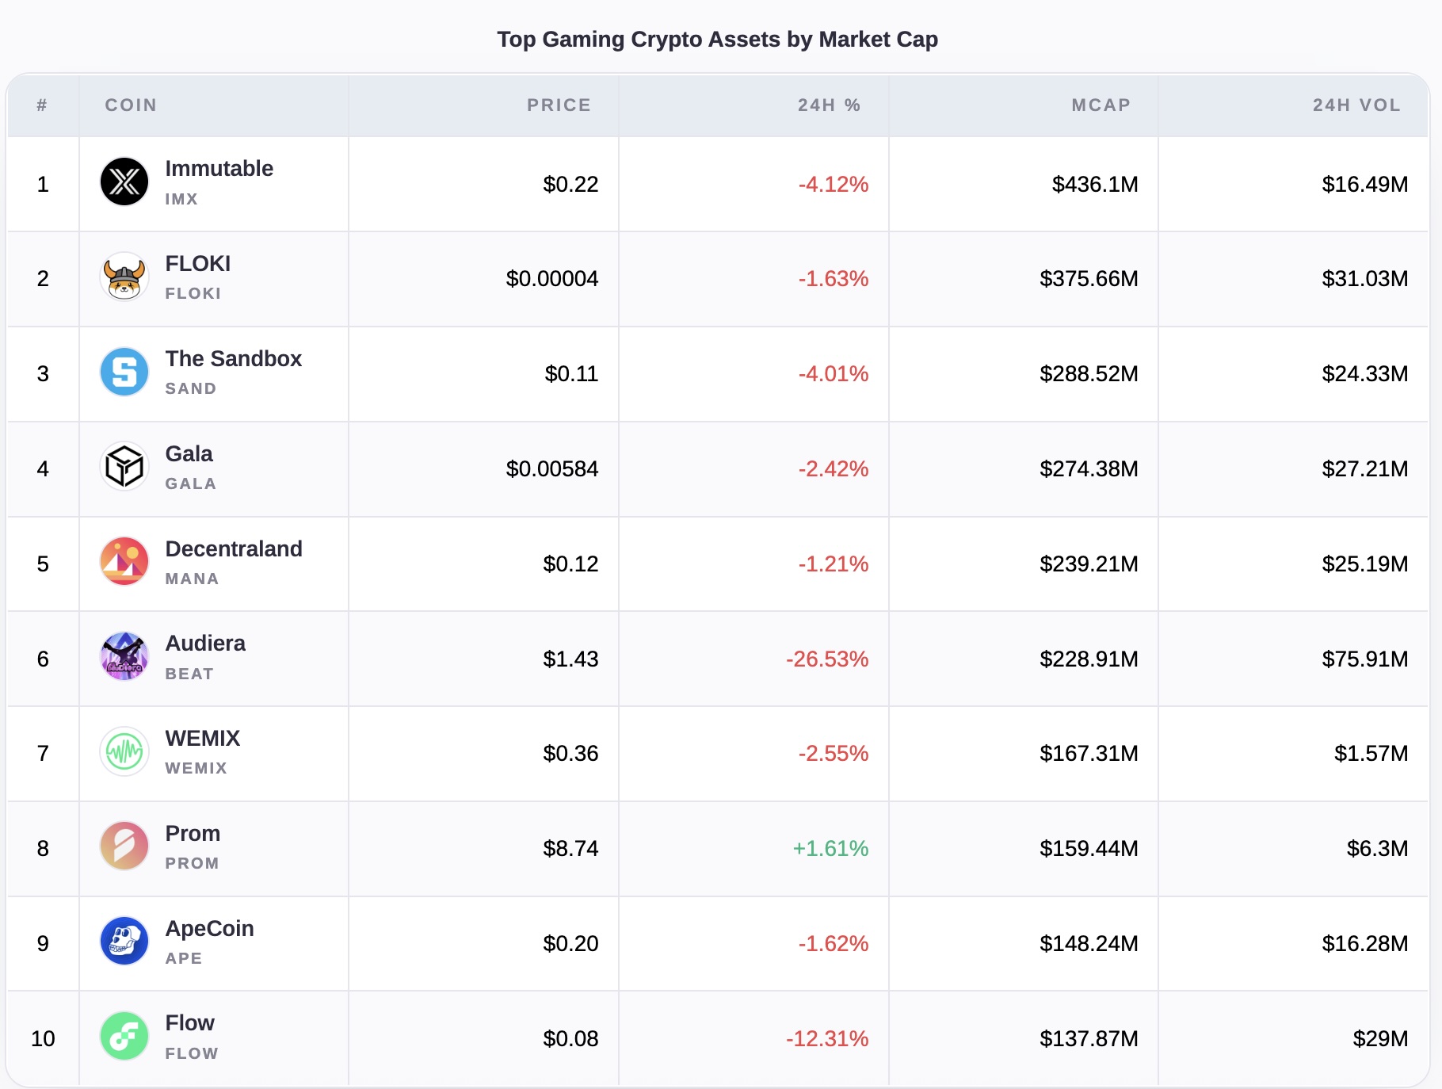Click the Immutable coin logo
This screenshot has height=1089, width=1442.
point(124,181)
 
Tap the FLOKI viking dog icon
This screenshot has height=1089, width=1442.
point(124,277)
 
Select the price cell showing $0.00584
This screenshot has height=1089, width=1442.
point(551,469)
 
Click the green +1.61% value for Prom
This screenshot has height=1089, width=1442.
point(830,849)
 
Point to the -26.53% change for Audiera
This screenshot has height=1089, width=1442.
point(826,659)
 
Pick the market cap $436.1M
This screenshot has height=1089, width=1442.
point(1094,185)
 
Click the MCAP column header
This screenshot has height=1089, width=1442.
point(1101,105)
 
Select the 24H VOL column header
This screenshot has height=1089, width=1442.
point(1356,105)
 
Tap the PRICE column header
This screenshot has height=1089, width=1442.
point(559,105)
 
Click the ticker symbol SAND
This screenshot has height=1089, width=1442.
point(190,389)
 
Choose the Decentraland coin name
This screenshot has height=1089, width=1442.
point(234,548)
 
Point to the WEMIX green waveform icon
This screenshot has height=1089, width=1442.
point(124,751)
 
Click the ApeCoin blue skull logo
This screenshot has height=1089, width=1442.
point(124,941)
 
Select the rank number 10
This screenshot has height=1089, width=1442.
point(43,1039)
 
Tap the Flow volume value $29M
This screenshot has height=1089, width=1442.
point(1379,1039)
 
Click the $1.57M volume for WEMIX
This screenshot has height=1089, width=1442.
point(1371,754)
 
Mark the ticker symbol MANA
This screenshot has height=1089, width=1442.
point(192,579)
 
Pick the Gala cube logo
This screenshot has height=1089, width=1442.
point(124,466)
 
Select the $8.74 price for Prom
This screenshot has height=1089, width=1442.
point(570,849)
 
